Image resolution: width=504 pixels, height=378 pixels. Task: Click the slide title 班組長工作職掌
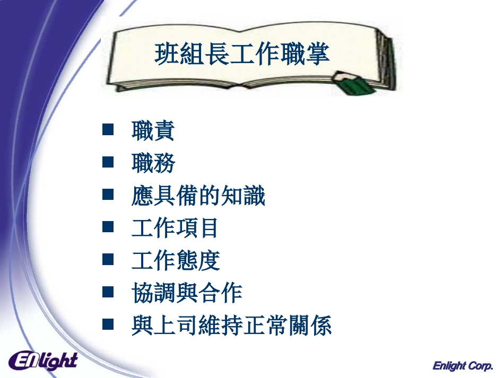[242, 54]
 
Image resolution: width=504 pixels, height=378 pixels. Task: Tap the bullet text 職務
[153, 164]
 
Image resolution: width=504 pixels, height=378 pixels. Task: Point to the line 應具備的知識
[198, 196]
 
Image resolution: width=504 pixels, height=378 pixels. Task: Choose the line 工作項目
[175, 228]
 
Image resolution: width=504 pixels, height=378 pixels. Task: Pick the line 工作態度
[175, 261]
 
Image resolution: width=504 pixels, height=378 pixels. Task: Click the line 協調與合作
[187, 293]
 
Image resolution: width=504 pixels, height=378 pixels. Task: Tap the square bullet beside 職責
[108, 130]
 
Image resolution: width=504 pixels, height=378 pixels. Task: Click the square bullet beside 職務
[108, 162]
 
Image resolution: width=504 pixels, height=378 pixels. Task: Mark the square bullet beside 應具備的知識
[108, 195]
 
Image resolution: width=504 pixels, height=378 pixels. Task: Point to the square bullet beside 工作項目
[108, 227]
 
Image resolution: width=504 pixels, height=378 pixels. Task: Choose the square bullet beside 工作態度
[108, 259]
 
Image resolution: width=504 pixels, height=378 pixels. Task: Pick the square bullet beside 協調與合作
[108, 292]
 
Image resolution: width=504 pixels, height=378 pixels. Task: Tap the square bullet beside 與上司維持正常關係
[108, 324]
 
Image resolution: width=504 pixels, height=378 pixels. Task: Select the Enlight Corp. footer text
[463, 366]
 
